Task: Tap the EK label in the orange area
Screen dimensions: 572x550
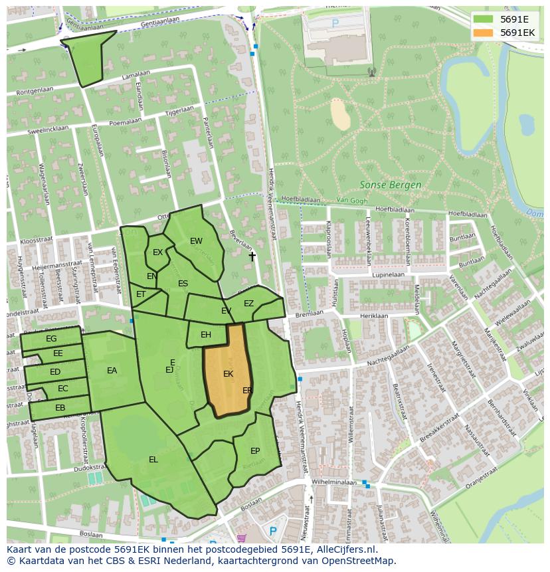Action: (228, 374)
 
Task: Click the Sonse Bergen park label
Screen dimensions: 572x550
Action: (390, 185)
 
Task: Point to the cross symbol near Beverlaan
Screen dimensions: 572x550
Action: (252, 256)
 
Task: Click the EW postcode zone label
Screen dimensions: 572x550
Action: (196, 241)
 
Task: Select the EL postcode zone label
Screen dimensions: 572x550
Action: (153, 459)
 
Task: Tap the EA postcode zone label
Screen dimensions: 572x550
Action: (112, 371)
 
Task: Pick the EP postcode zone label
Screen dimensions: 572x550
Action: (255, 450)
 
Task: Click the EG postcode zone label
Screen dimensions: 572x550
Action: (51, 339)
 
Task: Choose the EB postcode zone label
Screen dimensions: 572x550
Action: (60, 408)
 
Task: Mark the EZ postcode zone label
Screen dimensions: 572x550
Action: (248, 304)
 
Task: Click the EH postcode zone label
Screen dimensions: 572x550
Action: (206, 335)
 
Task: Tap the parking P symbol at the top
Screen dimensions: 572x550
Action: (335, 23)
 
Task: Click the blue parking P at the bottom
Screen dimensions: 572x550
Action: (272, 531)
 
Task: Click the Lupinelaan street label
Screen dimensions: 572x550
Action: (388, 274)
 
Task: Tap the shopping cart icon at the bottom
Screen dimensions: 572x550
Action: (241, 538)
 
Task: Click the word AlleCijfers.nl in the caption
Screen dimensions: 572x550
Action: (345, 549)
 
